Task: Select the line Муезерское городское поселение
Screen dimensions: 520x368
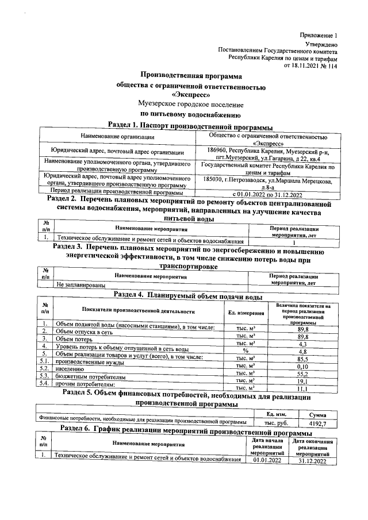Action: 191,105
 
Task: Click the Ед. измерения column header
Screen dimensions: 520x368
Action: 249,313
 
